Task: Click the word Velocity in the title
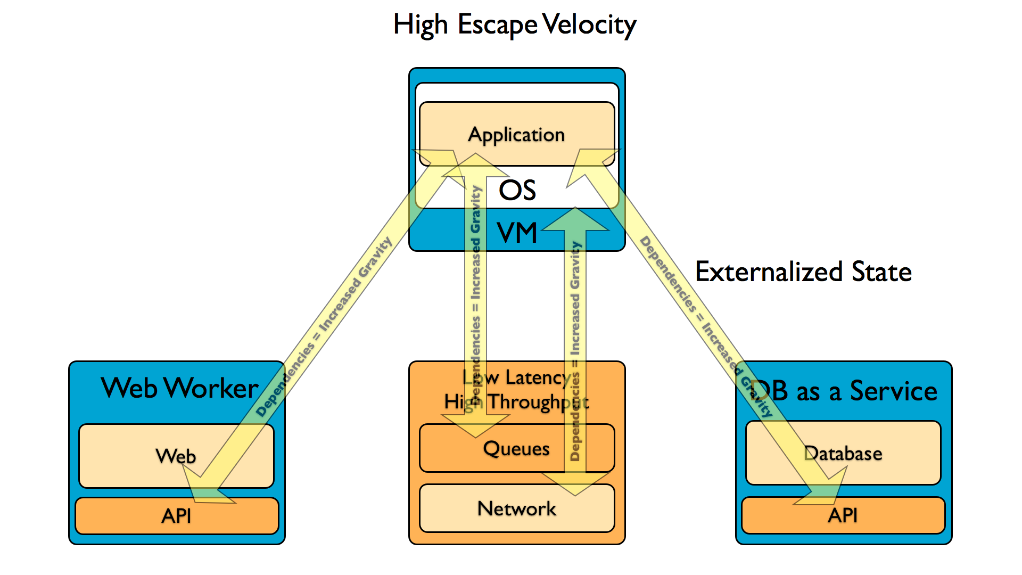(x=589, y=25)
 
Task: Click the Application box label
(x=516, y=135)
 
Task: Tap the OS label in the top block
(x=517, y=190)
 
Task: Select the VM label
(x=517, y=233)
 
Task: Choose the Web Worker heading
(x=179, y=388)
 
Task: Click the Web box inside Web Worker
(x=176, y=456)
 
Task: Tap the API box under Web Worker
(x=176, y=515)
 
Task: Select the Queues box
(x=516, y=448)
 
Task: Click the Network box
(x=516, y=508)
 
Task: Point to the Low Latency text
(x=516, y=377)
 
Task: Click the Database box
(x=843, y=453)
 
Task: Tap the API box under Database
(x=843, y=515)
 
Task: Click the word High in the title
(x=421, y=25)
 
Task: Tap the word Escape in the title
(x=498, y=25)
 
